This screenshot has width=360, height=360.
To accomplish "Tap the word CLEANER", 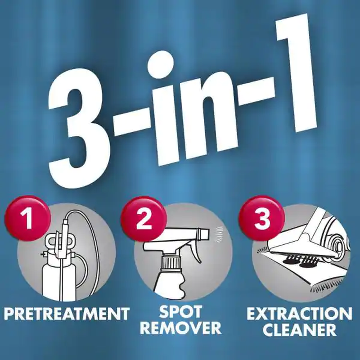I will [299, 329].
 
